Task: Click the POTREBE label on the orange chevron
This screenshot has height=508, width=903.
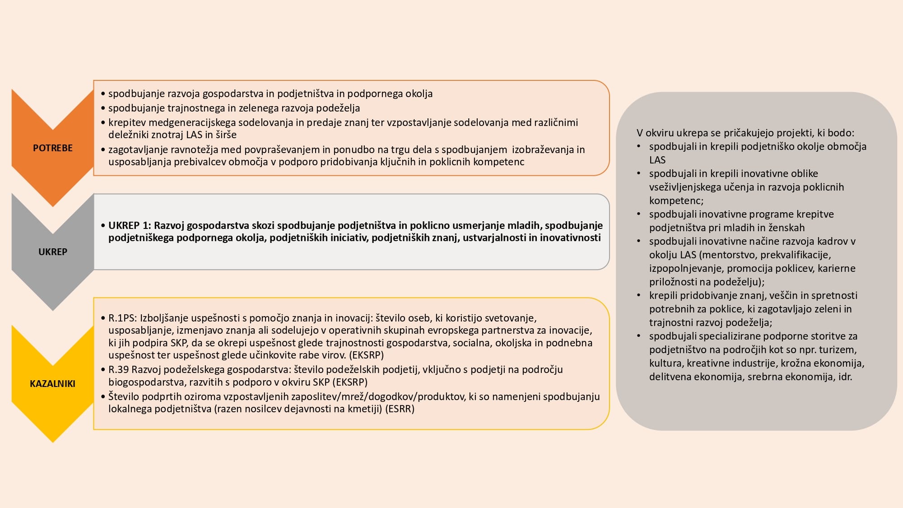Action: click(52, 148)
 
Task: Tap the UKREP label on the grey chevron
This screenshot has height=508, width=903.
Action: click(52, 252)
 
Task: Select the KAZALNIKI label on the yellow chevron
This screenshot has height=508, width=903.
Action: click(52, 384)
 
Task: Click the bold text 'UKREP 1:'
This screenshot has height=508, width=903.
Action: click(130, 225)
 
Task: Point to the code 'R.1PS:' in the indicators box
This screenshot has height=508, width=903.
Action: click(122, 318)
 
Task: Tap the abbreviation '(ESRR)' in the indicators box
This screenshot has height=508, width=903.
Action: click(400, 409)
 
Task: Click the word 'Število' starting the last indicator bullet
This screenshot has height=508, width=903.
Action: click(125, 396)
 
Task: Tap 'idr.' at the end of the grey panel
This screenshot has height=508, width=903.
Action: click(845, 377)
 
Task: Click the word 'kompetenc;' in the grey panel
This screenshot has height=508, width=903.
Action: click(676, 200)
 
